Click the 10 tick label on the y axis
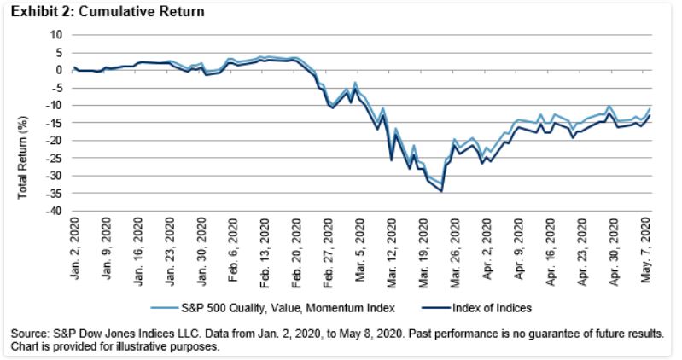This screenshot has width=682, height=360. coord(58,35)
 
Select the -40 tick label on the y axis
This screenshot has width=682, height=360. coord(56,211)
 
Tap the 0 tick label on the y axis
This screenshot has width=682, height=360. coord(61,70)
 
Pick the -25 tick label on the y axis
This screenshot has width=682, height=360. coord(56,158)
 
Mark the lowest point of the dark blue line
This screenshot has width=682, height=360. coord(441,191)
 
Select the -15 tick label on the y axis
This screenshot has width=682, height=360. coord(56,123)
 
